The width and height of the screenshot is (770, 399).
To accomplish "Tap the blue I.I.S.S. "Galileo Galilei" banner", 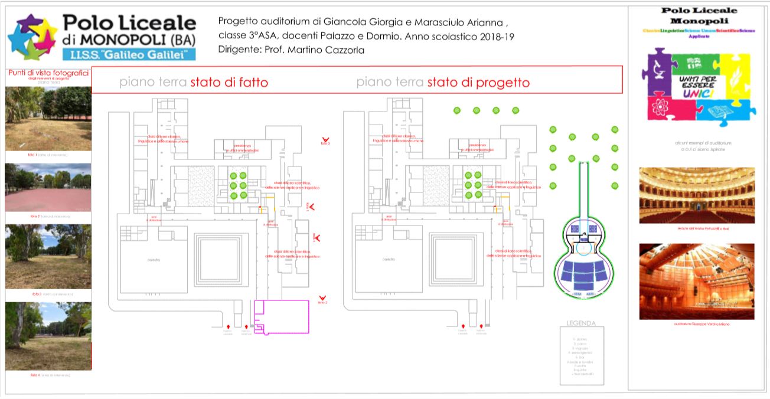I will click(128, 54).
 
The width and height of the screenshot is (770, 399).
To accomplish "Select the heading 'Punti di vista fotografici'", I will click(48, 73).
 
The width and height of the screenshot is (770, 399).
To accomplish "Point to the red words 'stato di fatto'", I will click(229, 83).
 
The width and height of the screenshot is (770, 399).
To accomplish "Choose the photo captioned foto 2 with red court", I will click(48, 187).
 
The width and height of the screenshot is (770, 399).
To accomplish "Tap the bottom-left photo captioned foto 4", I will click(48, 336).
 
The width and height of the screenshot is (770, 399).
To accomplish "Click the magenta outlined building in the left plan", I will click(282, 317).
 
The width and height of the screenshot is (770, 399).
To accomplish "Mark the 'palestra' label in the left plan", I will click(155, 260).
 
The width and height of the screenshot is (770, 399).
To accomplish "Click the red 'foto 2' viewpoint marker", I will click(322, 299).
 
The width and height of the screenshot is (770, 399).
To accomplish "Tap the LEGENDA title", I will click(581, 323).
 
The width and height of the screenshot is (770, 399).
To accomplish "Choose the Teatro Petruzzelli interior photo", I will click(697, 195).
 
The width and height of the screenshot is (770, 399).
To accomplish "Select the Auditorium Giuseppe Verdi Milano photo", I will click(697, 282).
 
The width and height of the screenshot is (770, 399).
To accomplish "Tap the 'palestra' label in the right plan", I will click(389, 260).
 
